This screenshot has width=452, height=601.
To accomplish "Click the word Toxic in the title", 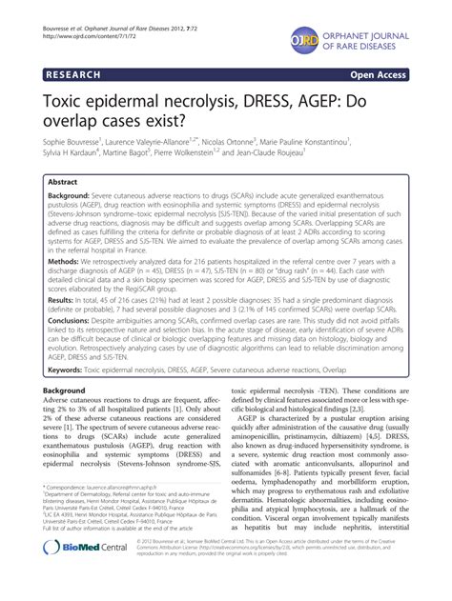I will click(x=69, y=97).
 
